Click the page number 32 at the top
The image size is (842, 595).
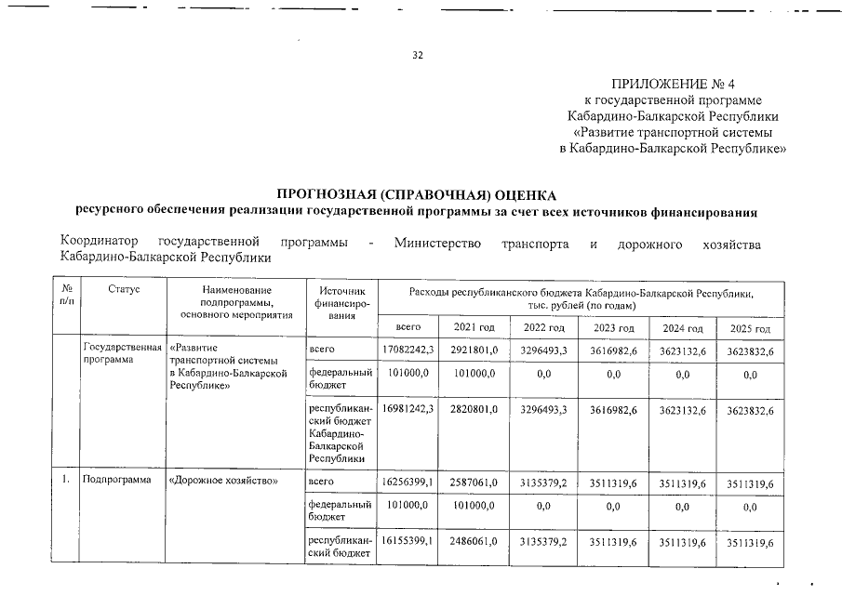(x=418, y=56)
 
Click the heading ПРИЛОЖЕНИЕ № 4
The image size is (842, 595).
(x=673, y=84)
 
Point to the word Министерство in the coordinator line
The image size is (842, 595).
(x=437, y=244)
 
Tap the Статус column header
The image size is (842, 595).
(x=123, y=291)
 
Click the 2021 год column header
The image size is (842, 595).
(x=474, y=328)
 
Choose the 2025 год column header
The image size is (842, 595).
(x=749, y=329)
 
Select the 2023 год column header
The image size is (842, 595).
(x=612, y=329)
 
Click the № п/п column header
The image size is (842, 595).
(x=66, y=297)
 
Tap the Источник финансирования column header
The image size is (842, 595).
(x=341, y=303)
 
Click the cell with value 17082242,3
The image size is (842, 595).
(x=408, y=350)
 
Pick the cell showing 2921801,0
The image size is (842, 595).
(x=475, y=350)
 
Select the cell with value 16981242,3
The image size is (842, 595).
(x=408, y=409)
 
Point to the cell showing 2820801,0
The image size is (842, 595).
(x=475, y=409)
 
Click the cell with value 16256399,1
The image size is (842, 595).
(x=408, y=483)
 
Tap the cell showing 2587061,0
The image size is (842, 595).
(x=475, y=483)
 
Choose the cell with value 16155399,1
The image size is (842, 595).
(x=408, y=542)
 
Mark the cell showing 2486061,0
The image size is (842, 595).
(x=475, y=542)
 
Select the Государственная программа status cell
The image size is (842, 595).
(x=116, y=354)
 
